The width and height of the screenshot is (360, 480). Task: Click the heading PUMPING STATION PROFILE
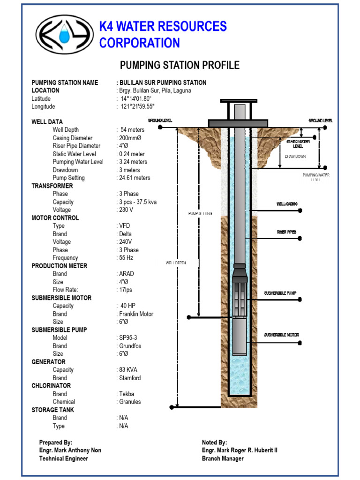pos(180,65)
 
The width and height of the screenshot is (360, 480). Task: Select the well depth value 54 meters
pos(132,130)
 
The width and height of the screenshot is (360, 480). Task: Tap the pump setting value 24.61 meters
pos(135,178)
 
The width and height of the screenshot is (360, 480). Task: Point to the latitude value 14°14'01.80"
pos(136,98)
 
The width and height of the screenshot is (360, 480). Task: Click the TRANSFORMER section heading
pos(52,186)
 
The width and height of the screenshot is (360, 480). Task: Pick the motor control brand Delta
pos(126,234)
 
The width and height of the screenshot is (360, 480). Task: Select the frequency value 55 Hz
pos(127,258)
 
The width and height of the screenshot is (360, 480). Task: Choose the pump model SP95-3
pos(129,337)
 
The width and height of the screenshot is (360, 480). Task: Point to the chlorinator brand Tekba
pos(126,394)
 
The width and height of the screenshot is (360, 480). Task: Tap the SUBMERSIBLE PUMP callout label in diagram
pos(280,293)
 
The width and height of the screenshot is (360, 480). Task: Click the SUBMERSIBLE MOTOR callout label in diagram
pos(281,335)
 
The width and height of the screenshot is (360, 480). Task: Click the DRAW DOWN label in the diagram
pos(295,157)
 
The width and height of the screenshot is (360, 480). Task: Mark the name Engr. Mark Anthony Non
pos(70,450)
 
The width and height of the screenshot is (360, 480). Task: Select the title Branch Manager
pos(223,458)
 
